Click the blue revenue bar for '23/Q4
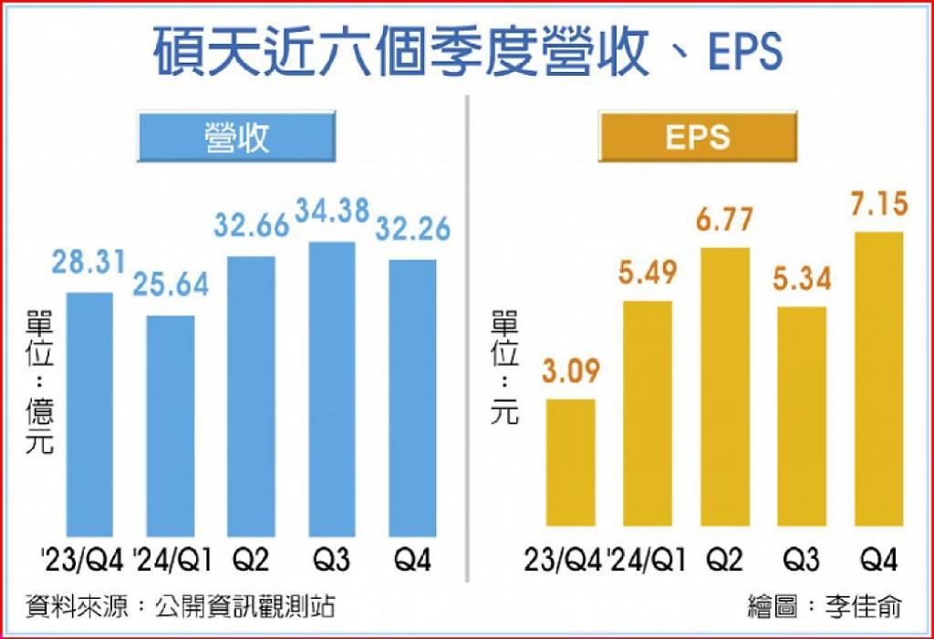(89, 415)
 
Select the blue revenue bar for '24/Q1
(171, 427)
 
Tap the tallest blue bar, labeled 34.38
(332, 389)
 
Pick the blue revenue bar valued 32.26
(412, 398)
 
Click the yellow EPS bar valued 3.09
(571, 463)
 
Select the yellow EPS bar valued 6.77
(725, 387)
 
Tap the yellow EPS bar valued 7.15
(879, 379)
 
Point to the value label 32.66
(252, 226)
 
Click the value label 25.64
(171, 284)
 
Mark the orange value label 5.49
(648, 273)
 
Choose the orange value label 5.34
(802, 278)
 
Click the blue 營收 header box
(236, 137)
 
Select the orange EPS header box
(698, 137)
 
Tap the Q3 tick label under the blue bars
(331, 561)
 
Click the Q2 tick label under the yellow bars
(725, 561)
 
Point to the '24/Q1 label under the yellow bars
(647, 561)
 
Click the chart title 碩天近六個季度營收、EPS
(468, 52)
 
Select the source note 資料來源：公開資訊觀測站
(180, 607)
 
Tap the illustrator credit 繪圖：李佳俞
(825, 607)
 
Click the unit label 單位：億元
(39, 382)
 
